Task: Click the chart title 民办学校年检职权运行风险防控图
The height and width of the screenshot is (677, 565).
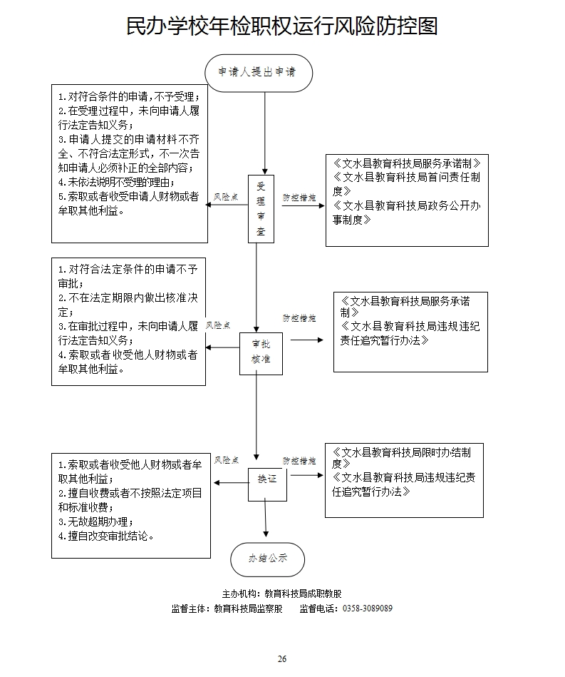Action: pos(281,26)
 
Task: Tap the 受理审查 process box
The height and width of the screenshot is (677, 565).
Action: pos(261,208)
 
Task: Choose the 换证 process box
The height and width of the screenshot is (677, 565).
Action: pos(266,479)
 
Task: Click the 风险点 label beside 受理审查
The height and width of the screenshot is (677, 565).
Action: pos(226,196)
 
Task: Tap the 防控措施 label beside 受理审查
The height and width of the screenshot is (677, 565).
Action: pos(299,196)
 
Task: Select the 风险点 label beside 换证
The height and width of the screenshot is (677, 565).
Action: pos(226,460)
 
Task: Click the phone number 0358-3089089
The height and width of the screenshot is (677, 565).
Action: pos(368,609)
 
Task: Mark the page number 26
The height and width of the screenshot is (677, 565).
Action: pos(282,658)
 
